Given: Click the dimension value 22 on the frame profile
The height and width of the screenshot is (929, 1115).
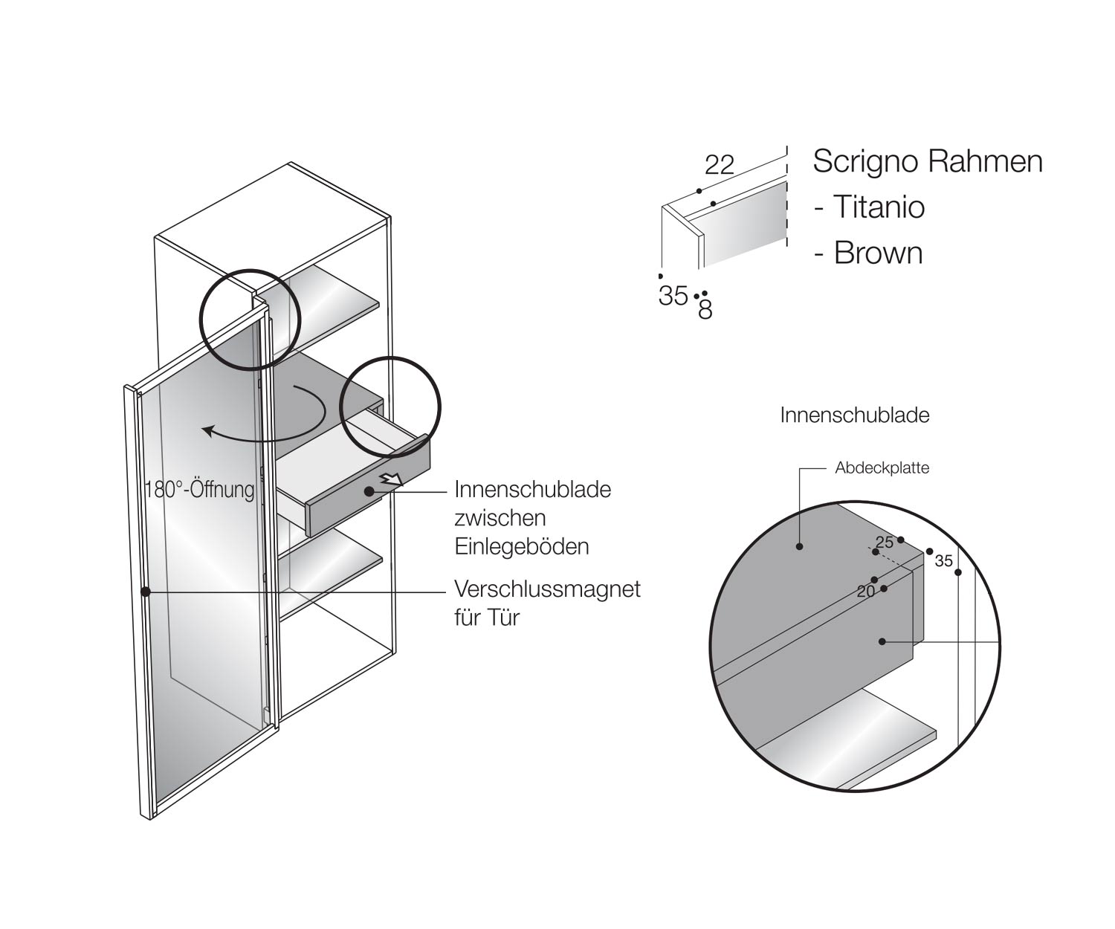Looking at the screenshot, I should pyautogui.click(x=719, y=164).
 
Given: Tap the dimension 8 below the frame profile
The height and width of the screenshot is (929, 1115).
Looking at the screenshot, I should pyautogui.click(x=705, y=310).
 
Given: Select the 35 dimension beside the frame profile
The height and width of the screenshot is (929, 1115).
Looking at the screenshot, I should pyautogui.click(x=673, y=296).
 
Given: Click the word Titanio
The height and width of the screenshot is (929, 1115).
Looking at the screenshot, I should pyautogui.click(x=878, y=207).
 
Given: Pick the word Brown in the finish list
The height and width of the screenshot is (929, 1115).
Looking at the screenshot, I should pyautogui.click(x=878, y=253).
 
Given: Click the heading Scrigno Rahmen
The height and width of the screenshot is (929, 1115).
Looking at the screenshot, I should pyautogui.click(x=927, y=161).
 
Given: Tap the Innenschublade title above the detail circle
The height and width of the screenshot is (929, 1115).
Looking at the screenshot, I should pyautogui.click(x=854, y=415).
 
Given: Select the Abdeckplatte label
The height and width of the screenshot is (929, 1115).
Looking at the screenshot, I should pyautogui.click(x=882, y=468).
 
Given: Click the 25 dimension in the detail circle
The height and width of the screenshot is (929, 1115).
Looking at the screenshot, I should pyautogui.click(x=884, y=543).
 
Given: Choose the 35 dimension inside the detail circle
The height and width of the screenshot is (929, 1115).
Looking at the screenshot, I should pyautogui.click(x=943, y=561).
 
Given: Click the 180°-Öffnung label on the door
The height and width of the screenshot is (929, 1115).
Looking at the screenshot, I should pyautogui.click(x=200, y=490).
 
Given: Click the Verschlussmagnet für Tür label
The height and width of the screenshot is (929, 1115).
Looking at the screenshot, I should pyautogui.click(x=546, y=603).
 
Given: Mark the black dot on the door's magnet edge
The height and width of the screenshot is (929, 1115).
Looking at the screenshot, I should pyautogui.click(x=146, y=592).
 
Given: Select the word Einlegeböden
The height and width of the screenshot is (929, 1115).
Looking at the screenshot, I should pyautogui.click(x=522, y=546).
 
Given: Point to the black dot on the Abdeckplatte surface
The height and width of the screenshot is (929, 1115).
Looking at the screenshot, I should pyautogui.click(x=800, y=546).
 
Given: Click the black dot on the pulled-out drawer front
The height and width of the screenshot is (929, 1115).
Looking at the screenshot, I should pyautogui.click(x=369, y=491).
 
